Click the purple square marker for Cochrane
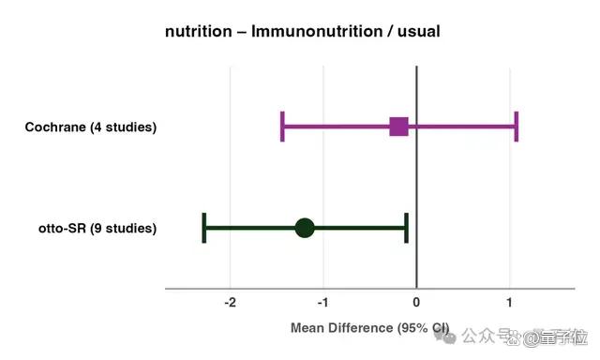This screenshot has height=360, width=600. (x=398, y=127)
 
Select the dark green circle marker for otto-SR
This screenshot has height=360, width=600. (x=305, y=228)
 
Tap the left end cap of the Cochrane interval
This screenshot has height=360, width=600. (x=282, y=127)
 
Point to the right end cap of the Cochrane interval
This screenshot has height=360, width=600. (x=517, y=127)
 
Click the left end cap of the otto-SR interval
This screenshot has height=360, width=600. (x=204, y=228)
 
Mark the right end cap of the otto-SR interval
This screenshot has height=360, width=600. (x=406, y=228)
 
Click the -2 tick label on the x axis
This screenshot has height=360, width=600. (x=230, y=303)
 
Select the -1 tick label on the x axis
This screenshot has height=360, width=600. (x=322, y=303)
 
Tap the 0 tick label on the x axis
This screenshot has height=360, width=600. (x=416, y=303)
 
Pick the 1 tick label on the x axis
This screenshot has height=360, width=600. (x=509, y=303)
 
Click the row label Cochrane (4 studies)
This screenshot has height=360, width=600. (x=91, y=127)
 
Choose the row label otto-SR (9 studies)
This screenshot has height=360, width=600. (x=97, y=229)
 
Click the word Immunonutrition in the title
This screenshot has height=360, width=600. (x=317, y=31)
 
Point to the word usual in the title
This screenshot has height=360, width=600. (x=419, y=31)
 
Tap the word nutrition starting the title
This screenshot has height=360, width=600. (x=198, y=31)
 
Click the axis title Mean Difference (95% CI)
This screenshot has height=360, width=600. (x=369, y=328)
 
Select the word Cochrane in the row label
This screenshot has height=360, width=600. (x=55, y=127)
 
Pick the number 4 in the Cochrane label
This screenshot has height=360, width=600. (x=97, y=127)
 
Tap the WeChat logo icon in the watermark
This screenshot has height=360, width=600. (x=445, y=337)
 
